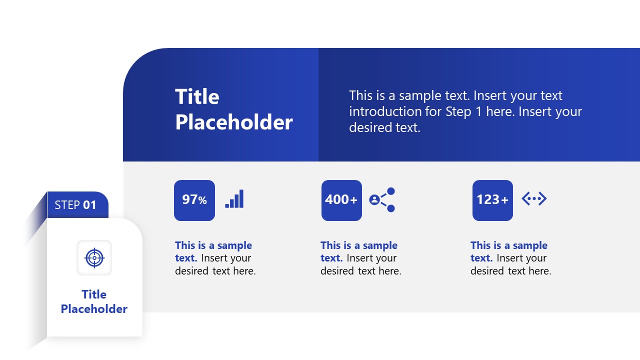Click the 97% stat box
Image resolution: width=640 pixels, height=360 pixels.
click(194, 200)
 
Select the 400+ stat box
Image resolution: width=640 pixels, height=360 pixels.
click(341, 200)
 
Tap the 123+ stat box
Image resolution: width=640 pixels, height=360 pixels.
click(492, 200)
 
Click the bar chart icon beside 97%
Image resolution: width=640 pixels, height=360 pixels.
click(234, 199)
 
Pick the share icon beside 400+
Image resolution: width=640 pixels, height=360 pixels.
click(382, 199)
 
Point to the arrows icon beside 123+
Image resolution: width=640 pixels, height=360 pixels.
click(534, 199)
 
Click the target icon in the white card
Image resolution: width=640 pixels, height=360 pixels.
click(94, 258)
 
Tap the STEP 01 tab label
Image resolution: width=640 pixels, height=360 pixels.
click(75, 205)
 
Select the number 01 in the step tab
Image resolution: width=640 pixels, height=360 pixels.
click(89, 205)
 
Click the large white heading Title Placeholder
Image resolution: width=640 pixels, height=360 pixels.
click(233, 109)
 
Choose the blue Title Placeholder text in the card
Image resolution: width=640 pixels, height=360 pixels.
click(94, 301)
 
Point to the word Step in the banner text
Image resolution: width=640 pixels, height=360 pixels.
click(458, 111)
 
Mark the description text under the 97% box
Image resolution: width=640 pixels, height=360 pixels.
click(215, 258)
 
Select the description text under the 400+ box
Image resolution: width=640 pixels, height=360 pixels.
click(360, 258)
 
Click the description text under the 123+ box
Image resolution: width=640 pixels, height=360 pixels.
click(510, 258)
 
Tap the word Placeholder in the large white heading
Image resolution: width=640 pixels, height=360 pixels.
click(233, 122)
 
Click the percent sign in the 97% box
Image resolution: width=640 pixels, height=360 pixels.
click(202, 200)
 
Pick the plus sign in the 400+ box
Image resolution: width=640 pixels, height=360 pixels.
click(353, 200)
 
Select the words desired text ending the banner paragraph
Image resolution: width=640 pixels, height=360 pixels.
click(384, 127)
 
